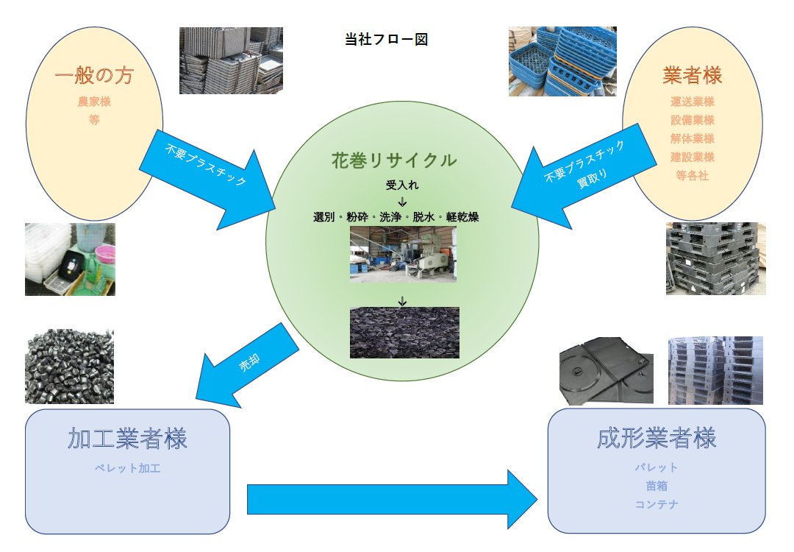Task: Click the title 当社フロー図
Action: click(x=386, y=40)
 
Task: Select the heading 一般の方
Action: click(x=94, y=76)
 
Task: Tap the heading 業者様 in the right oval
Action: click(x=692, y=75)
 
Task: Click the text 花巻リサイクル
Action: click(x=394, y=160)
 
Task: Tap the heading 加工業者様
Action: click(x=127, y=439)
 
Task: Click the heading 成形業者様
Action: click(x=657, y=439)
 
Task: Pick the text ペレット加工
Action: click(x=127, y=468)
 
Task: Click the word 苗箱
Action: click(x=657, y=486)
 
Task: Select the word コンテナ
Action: click(x=657, y=505)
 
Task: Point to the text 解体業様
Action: click(x=692, y=138)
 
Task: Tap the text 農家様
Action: click(x=94, y=102)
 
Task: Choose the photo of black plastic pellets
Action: click(x=69, y=366)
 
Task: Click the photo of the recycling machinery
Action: click(x=402, y=255)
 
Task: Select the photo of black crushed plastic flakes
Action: click(x=404, y=333)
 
